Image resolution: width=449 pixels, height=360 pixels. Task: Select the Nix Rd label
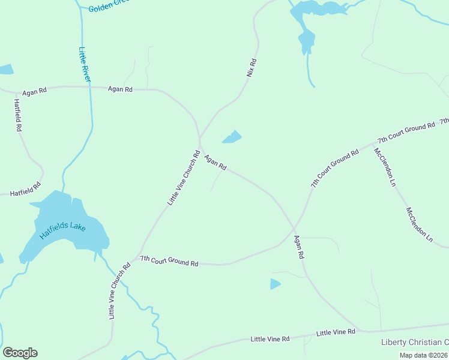click(x=252, y=67)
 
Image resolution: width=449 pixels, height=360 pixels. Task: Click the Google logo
click(x=20, y=353)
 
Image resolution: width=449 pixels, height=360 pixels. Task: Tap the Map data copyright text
click(x=423, y=355)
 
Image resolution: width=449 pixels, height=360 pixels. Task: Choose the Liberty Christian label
click(x=415, y=342)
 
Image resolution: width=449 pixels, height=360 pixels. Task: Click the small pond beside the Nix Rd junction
click(x=232, y=137)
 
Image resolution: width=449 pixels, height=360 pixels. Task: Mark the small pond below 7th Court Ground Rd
click(x=275, y=284)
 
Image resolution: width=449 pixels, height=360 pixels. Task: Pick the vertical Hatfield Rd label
click(x=17, y=115)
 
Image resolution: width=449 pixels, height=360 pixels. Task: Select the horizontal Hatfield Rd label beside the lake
click(x=25, y=190)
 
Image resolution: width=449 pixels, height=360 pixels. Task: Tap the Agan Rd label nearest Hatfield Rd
click(x=34, y=92)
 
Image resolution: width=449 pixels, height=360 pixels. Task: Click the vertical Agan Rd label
click(x=299, y=247)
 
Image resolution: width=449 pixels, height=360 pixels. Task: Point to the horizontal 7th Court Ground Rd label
click(x=169, y=261)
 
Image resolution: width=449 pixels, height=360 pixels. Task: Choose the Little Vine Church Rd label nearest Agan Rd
click(x=183, y=178)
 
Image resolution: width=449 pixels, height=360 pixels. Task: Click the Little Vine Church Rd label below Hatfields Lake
click(x=119, y=291)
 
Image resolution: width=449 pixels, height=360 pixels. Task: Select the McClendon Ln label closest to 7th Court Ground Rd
click(x=385, y=166)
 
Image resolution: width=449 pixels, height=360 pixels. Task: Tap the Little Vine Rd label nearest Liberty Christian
click(x=336, y=332)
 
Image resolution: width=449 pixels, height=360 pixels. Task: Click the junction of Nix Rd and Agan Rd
click(x=200, y=140)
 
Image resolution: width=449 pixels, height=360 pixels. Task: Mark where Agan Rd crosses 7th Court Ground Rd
click(x=294, y=227)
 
